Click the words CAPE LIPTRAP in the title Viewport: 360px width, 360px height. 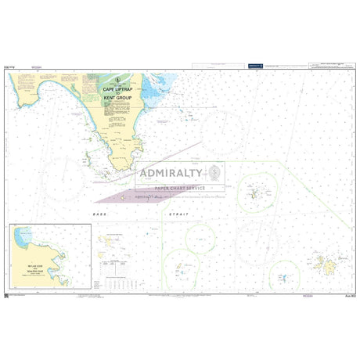pos(119,91)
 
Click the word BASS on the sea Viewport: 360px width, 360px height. pos(100,214)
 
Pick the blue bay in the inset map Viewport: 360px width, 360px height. pos(24,234)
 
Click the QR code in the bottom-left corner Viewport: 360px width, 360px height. pos(7,293)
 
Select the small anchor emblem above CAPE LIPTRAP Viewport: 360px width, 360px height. pos(119,81)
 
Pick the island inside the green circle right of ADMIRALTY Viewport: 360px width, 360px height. pos(254,190)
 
